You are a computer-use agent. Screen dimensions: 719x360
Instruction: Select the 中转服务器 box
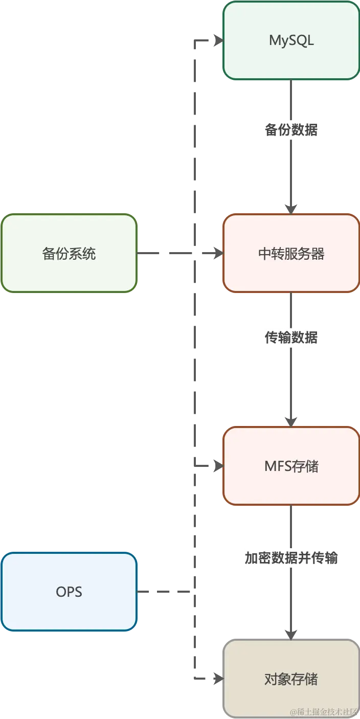[291, 254]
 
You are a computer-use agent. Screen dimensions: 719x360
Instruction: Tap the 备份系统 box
[69, 254]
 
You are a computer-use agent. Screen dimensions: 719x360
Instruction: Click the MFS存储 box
[291, 466]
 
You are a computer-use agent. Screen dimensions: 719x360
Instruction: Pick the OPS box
[69, 592]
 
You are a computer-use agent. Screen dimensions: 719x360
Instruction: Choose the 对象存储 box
[291, 679]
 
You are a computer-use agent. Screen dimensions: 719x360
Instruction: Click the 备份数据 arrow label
[291, 130]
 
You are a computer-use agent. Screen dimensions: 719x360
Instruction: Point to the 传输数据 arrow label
[291, 338]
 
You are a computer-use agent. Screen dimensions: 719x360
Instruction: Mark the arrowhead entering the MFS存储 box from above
[291, 420]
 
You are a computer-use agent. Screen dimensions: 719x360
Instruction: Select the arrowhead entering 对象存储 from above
[291, 633]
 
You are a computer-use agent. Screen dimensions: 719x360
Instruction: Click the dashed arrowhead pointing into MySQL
[218, 40]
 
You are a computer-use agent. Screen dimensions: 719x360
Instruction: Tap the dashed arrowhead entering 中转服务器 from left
[218, 254]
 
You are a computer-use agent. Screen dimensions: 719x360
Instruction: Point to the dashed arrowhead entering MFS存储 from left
[218, 466]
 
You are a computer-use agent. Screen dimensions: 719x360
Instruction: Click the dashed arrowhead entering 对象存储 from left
[218, 679]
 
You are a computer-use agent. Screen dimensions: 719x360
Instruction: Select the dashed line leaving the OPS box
[164, 592]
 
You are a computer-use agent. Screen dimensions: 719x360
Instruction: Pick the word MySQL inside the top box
[291, 41]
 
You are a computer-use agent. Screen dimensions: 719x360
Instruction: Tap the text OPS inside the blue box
[69, 592]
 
